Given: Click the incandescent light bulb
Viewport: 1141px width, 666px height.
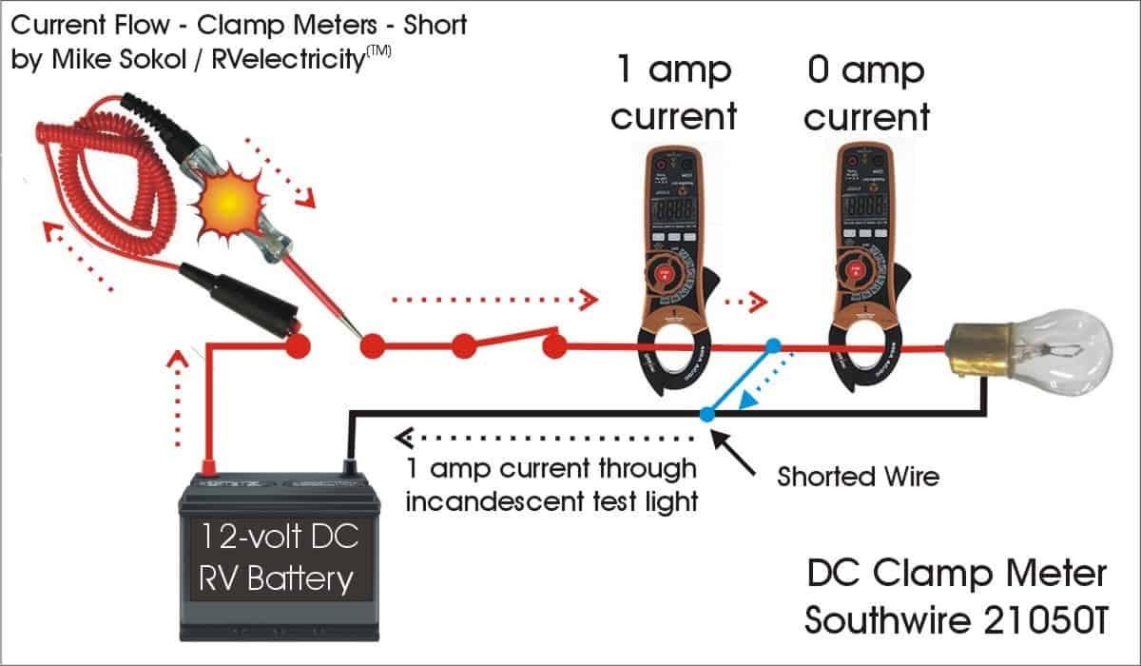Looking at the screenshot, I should (1046, 352).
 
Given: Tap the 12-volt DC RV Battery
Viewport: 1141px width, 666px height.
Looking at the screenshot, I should (276, 557).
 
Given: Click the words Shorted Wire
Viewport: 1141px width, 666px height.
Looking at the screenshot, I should (858, 476).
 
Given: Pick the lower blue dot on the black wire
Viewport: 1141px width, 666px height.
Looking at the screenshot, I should (706, 414).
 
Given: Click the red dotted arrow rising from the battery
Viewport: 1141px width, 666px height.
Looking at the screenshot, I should (176, 400).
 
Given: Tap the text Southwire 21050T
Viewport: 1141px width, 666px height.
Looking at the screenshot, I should (956, 619).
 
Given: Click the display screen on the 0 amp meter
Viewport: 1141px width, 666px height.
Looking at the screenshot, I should (865, 205).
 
